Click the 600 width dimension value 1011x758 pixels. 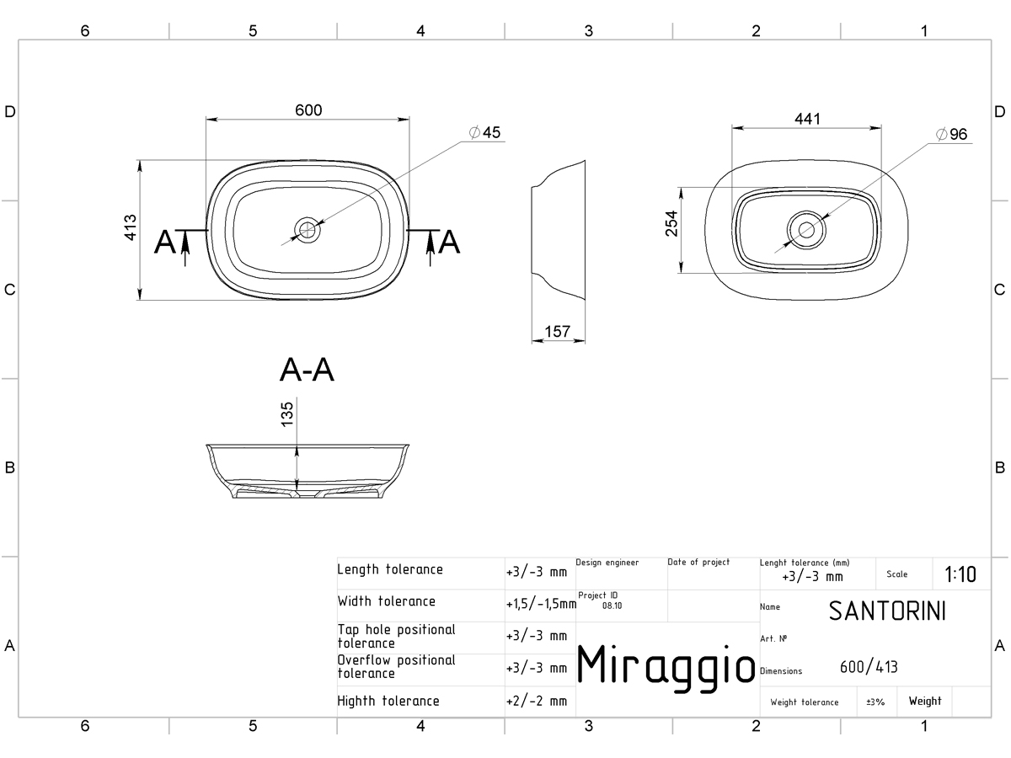308,110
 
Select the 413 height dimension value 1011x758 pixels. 131,227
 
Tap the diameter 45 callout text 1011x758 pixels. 484,132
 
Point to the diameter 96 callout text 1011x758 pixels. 951,135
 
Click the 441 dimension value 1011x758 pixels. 807,120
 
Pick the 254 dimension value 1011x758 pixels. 671,223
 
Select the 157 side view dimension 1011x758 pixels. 558,331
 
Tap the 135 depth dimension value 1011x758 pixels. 286,414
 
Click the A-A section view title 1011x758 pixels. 307,370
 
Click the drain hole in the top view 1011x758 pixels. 308,230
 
